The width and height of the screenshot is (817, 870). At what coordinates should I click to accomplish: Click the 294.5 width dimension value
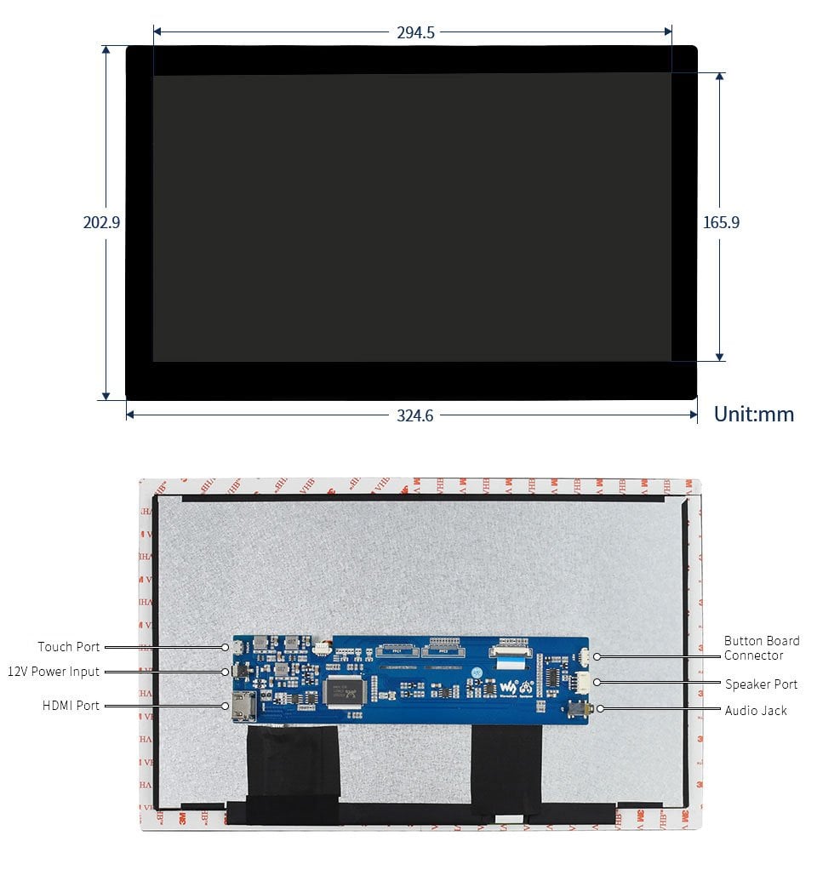[x=415, y=33]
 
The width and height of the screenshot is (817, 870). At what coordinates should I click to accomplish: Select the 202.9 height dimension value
[x=102, y=222]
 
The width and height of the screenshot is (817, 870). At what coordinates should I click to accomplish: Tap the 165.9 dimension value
[x=721, y=222]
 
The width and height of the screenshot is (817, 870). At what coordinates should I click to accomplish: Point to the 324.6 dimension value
[x=414, y=415]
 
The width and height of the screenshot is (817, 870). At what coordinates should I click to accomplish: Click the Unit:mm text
[x=753, y=415]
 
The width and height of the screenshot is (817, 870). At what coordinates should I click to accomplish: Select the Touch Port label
[x=69, y=647]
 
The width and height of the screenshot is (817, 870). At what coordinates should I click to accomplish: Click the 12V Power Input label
[x=54, y=672]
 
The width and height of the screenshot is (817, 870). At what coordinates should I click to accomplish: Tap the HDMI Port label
[x=71, y=706]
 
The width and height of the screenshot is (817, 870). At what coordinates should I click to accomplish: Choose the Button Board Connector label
[x=761, y=649]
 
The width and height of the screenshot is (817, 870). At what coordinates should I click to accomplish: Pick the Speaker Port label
[x=761, y=684]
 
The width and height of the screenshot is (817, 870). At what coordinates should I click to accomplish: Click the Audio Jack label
[x=756, y=711]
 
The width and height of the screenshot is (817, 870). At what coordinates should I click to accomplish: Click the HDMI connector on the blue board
[x=241, y=707]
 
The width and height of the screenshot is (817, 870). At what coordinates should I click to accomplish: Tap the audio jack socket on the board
[x=583, y=707]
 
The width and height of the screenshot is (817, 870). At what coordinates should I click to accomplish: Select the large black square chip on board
[x=345, y=690]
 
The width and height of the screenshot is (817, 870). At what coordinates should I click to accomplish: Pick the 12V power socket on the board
[x=239, y=673]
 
